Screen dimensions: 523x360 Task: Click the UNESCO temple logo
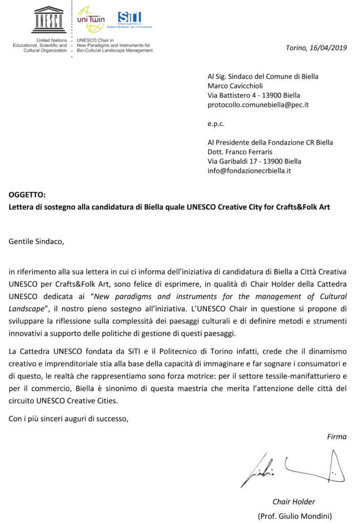[x=48, y=20]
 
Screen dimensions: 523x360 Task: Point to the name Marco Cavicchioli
[x=235, y=86]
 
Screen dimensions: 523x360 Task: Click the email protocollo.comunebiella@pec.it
[x=258, y=104]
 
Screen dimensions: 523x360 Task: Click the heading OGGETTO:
[x=27, y=195]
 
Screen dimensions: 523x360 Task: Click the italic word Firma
[x=337, y=436]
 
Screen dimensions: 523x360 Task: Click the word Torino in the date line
[x=296, y=48]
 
